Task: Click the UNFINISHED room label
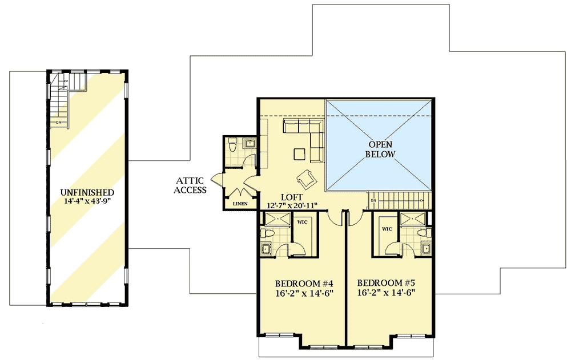pyautogui.click(x=87, y=192)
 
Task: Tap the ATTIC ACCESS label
pyautogui.click(x=190, y=185)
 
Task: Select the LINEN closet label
pyautogui.click(x=240, y=204)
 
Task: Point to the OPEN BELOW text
pyautogui.click(x=380, y=149)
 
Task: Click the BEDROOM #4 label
pyautogui.click(x=304, y=283)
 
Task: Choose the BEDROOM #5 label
pyautogui.click(x=386, y=283)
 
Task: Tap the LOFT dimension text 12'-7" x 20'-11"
pyautogui.click(x=292, y=205)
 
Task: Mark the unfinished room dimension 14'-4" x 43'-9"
pyautogui.click(x=87, y=201)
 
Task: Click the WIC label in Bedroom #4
pyautogui.click(x=302, y=222)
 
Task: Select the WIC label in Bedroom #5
pyautogui.click(x=387, y=229)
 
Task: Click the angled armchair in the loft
pyautogui.click(x=306, y=177)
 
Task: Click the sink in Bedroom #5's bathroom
pyautogui.click(x=427, y=249)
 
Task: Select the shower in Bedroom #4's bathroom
pyautogui.click(x=276, y=219)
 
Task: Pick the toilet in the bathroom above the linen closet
pyautogui.click(x=232, y=144)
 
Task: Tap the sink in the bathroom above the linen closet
pyautogui.click(x=250, y=142)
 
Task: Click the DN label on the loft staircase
pyautogui.click(x=373, y=201)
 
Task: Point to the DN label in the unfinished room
pyautogui.click(x=59, y=122)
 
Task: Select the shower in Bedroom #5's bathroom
pyautogui.click(x=413, y=219)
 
